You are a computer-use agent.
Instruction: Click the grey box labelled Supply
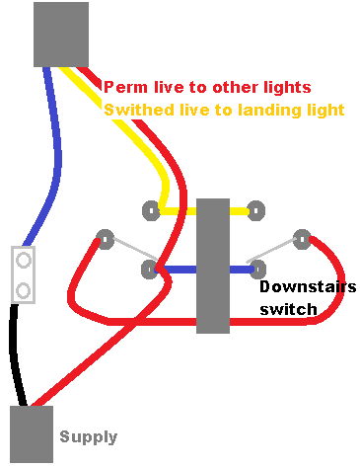click(x=31, y=433)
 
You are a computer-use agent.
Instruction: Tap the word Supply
click(x=88, y=436)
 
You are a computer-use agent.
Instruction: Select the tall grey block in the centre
click(x=213, y=266)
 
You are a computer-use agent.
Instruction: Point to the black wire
click(x=14, y=355)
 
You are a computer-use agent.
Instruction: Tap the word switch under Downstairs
click(x=288, y=309)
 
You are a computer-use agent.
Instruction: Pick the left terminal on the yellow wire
click(x=151, y=209)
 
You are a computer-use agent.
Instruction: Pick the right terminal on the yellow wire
click(x=256, y=209)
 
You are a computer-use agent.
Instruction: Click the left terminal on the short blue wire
click(x=150, y=268)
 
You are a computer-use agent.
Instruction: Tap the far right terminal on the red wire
click(x=302, y=237)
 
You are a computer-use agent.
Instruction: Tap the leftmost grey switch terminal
click(x=104, y=238)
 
